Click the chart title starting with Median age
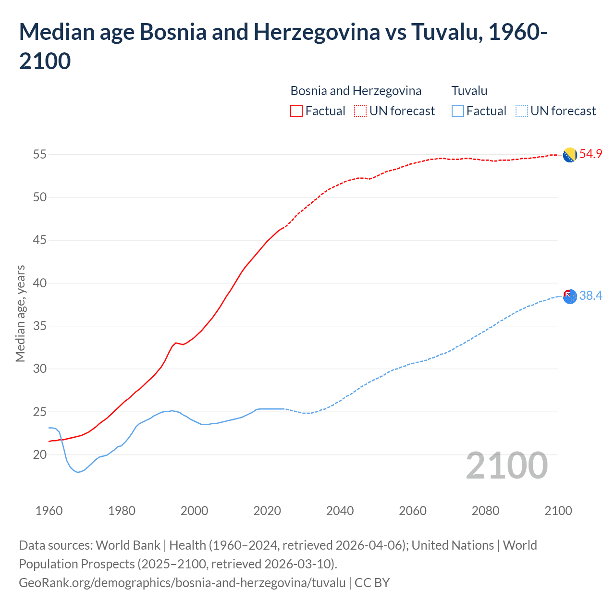pos(283,46)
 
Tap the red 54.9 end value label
pos(590,154)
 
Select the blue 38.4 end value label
pos(590,295)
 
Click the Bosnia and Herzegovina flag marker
pos(570,155)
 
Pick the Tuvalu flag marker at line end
pos(570,296)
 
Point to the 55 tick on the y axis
pos(40,154)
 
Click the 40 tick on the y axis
pos(40,283)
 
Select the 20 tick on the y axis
pos(40,455)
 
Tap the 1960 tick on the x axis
pos(49,511)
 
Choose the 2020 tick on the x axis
pos(267,511)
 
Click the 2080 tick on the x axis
pos(485,511)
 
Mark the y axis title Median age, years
pos(20,313)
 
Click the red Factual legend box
pos(296,111)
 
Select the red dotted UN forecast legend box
pos(360,111)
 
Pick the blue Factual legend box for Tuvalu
pos(458,111)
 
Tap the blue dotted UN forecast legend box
pos(521,111)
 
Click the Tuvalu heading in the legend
pos(469,91)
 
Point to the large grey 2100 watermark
pos(506,466)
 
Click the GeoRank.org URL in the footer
pos(182,583)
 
